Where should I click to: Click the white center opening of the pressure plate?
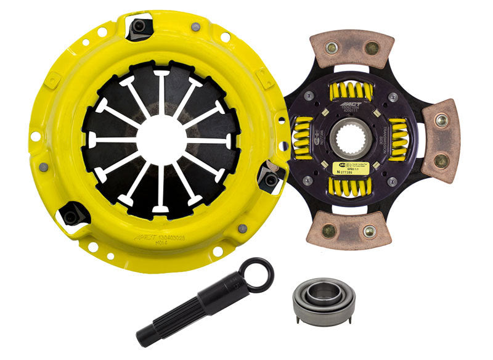(161, 141)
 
